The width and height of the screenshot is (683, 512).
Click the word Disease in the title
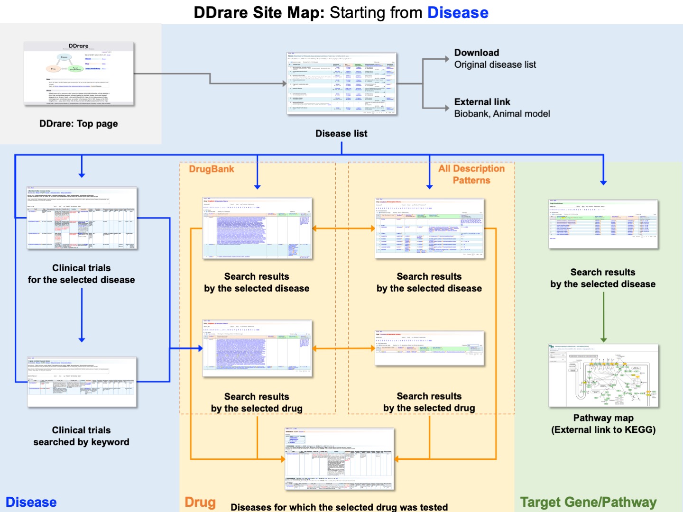[458, 13]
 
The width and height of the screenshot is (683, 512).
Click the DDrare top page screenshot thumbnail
[79, 74]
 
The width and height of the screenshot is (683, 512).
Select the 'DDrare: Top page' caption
[79, 124]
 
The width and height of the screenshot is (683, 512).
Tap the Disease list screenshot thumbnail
[341, 84]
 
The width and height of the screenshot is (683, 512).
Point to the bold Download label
[476, 53]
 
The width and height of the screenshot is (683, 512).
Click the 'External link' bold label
[482, 102]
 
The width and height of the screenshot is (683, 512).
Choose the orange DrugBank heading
[212, 169]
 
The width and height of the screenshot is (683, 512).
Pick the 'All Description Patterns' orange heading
[471, 174]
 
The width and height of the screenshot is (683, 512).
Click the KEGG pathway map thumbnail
[603, 375]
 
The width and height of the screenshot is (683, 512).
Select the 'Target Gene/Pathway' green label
[588, 502]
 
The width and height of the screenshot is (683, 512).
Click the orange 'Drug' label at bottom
[200, 502]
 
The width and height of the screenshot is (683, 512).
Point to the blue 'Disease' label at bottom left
[31, 502]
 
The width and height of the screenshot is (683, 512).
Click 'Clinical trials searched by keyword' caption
[81, 436]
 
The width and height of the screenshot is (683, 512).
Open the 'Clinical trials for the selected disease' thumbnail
[82, 219]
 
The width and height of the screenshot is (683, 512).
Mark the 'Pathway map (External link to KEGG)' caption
[603, 424]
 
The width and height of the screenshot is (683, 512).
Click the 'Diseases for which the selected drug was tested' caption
[339, 507]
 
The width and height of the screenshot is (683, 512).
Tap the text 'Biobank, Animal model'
[502, 114]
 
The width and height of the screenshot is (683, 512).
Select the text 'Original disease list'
[495, 64]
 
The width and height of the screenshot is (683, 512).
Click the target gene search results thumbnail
[603, 224]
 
